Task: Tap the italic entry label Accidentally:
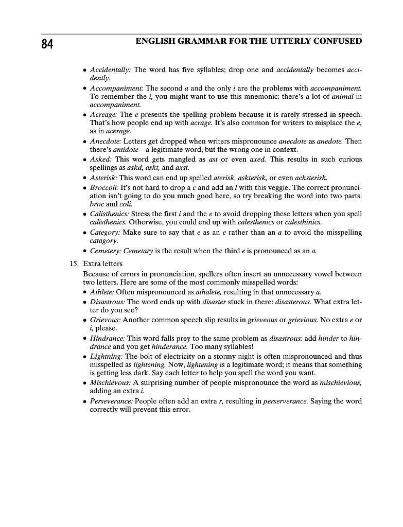111,69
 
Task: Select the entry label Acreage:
104,114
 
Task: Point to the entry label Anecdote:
106,140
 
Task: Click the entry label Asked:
101,159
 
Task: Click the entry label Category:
105,232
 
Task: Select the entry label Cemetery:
107,251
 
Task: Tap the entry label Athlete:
102,292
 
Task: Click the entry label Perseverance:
111,401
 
